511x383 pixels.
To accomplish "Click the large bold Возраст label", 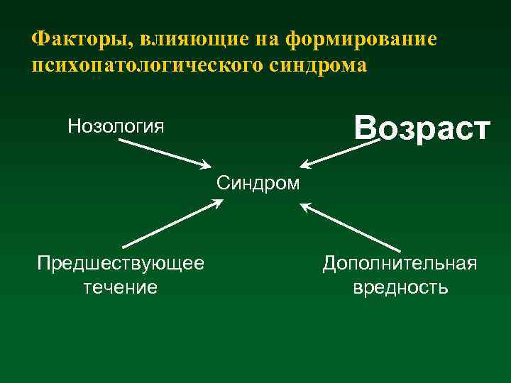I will [x=422, y=129].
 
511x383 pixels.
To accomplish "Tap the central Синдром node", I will [x=258, y=184].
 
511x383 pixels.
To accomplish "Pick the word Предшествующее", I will [x=121, y=264].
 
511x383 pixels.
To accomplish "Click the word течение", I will [x=121, y=287].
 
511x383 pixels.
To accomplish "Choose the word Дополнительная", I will [x=400, y=264].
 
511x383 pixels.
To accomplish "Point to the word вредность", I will [x=400, y=287].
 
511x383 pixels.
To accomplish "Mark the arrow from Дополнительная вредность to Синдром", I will [x=348, y=227].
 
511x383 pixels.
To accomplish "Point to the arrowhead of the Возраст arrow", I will [x=304, y=165].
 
